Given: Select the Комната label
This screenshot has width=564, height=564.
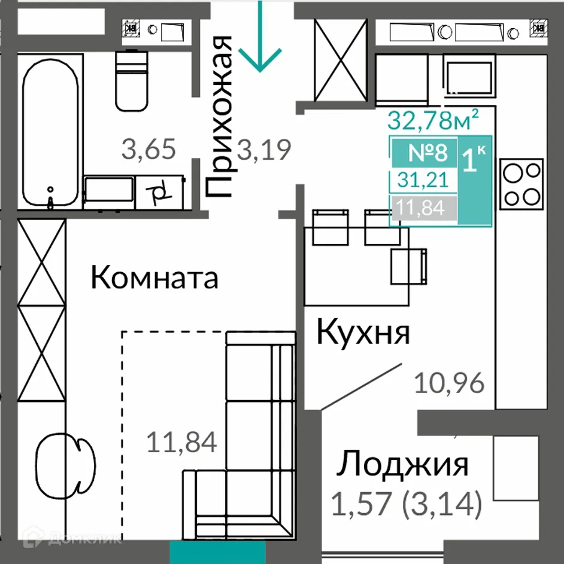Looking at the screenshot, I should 154,279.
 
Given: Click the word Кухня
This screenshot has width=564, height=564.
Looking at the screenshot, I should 363,333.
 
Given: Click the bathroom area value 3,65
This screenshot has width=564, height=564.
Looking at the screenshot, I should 149,149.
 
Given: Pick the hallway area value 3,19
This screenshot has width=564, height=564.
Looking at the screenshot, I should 265,149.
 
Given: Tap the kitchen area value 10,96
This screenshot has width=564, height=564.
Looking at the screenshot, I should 449,383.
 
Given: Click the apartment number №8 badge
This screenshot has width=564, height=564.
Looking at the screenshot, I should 427,153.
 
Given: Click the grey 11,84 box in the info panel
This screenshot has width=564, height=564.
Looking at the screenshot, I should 422,209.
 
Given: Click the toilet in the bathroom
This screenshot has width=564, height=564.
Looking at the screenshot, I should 131,81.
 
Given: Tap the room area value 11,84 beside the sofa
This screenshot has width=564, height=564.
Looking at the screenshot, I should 181,443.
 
